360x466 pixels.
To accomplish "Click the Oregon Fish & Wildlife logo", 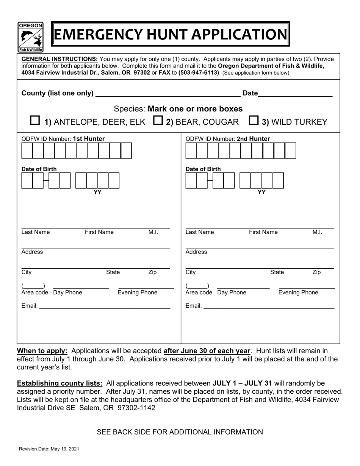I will tap(30, 37).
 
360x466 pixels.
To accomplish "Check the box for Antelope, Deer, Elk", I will tap(34, 120).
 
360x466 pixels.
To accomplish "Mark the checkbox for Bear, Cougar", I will tap(158, 120).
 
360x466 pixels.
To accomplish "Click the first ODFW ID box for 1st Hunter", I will tap(27, 151).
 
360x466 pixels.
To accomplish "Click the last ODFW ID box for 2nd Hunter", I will tap(290, 151).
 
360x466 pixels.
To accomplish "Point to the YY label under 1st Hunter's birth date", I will tap(97, 192).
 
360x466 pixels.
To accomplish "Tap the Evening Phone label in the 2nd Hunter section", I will tap(298, 292).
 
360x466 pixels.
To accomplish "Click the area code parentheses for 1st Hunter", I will tap(33, 286).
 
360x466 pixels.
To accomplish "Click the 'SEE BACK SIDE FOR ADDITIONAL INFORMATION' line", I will tap(180, 432).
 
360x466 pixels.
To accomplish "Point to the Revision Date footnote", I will tap(49, 449).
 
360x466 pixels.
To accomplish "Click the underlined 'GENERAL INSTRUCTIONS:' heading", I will tap(59, 59).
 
